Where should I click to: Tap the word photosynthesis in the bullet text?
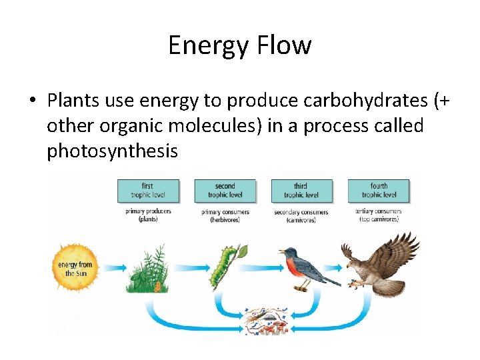point(112,151)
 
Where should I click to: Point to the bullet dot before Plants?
point(31,101)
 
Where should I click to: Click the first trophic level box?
point(147,191)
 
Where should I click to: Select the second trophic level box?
point(225,191)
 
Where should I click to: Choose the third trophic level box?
point(301,191)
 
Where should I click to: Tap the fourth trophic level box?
point(379,191)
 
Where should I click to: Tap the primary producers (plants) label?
point(147,215)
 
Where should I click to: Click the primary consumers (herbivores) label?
point(225,215)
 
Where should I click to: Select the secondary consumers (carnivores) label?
point(301,215)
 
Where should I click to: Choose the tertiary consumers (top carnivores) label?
point(379,215)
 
